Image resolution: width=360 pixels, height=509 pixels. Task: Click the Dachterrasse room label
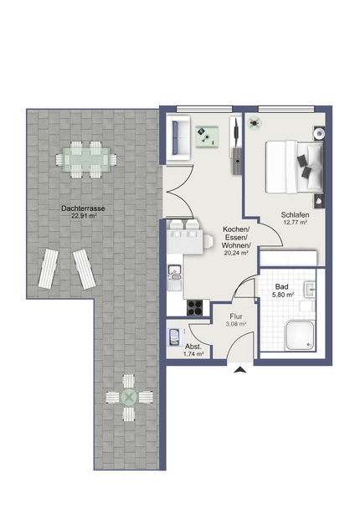click(x=83, y=208)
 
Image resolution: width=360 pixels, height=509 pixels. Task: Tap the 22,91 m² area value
click(x=84, y=216)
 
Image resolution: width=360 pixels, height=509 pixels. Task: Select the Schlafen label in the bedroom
click(x=295, y=215)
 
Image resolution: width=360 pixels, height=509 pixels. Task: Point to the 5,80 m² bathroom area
click(x=283, y=295)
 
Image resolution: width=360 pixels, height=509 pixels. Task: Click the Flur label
click(x=236, y=316)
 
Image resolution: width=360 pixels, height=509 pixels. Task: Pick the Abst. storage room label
click(x=193, y=347)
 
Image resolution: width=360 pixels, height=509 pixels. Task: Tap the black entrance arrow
click(x=240, y=369)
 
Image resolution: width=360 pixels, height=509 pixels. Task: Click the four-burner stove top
click(x=195, y=308)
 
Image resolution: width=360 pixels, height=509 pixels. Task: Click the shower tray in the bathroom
click(x=300, y=336)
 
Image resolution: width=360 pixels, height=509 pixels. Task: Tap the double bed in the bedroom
click(x=295, y=167)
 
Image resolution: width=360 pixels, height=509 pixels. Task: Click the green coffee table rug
click(x=207, y=137)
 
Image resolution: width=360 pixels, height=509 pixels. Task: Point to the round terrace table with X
click(x=129, y=398)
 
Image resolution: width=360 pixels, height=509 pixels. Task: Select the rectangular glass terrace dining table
click(x=86, y=160)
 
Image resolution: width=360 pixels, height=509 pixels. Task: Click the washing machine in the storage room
click(x=175, y=337)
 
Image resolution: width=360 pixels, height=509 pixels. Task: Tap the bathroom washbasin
click(x=310, y=289)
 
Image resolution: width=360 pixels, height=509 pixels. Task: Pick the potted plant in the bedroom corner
click(x=255, y=123)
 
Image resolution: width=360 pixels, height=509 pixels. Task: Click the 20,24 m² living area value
click(x=236, y=253)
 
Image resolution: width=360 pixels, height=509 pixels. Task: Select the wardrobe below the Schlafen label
click(x=288, y=259)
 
